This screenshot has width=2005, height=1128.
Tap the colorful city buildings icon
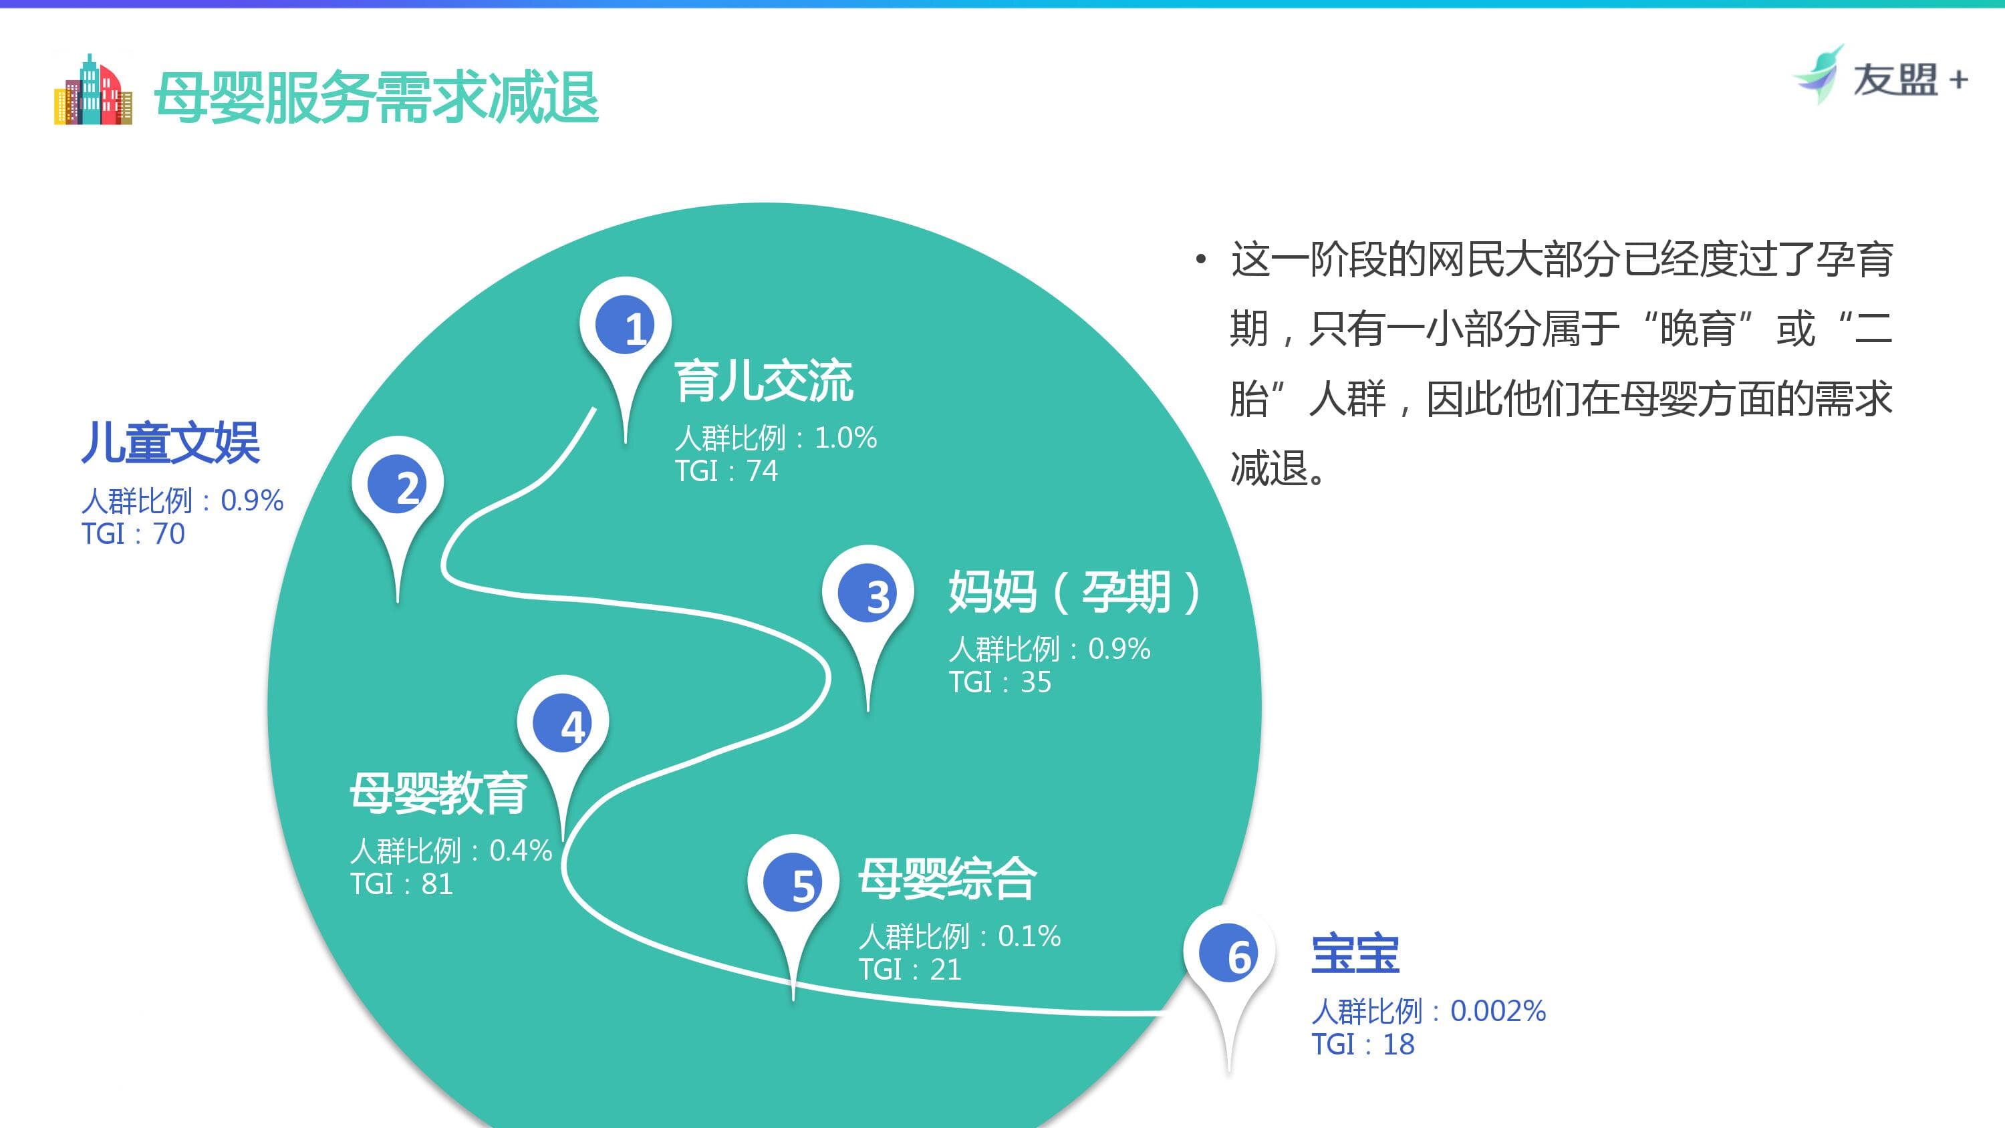tap(93, 90)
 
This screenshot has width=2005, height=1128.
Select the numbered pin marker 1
tap(625, 326)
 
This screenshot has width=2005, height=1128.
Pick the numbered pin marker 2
tap(397, 486)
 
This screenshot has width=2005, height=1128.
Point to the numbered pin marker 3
tap(868, 595)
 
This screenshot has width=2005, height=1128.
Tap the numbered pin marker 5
tap(793, 883)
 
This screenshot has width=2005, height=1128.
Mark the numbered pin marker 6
tap(1229, 954)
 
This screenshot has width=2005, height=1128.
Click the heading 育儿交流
tap(763, 382)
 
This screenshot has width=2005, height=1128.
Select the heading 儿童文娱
tap(170, 443)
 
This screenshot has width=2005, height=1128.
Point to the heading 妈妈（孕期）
tap(1074, 593)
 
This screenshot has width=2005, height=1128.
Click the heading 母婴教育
tap(439, 793)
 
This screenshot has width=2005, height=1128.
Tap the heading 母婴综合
tap(947, 879)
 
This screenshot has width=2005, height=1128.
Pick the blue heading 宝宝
tap(1355, 954)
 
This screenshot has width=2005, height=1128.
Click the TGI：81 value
tap(402, 884)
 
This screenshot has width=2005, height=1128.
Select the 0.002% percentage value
tap(1498, 1010)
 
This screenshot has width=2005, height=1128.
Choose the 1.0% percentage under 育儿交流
tap(845, 438)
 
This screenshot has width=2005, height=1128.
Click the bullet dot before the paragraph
tap(1201, 259)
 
